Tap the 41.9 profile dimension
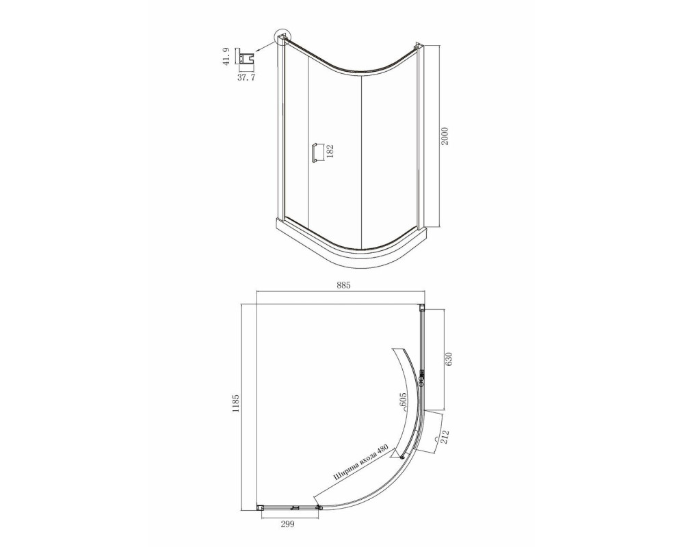(225, 56)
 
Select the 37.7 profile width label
(246, 78)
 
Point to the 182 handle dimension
(330, 152)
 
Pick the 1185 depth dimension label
(236, 403)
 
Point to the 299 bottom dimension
(287, 524)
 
